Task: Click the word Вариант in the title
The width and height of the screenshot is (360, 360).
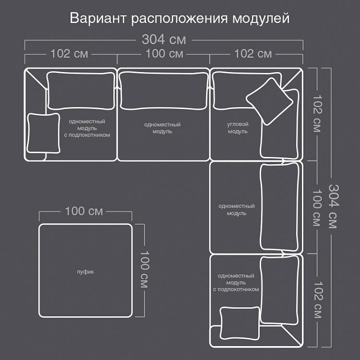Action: pyautogui.click(x=98, y=18)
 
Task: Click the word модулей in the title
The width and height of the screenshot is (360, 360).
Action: pyautogui.click(x=261, y=19)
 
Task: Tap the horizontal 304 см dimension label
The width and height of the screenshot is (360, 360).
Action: pyautogui.click(x=164, y=39)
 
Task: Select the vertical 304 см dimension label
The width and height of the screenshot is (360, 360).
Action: pyautogui.click(x=334, y=206)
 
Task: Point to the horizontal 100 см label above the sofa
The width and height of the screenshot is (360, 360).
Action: pyautogui.click(x=164, y=54)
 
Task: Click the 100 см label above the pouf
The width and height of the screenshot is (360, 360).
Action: pyautogui.click(x=84, y=211)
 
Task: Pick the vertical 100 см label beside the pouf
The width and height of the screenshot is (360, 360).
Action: pyautogui.click(x=145, y=269)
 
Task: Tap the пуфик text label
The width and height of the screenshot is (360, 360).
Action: pyautogui.click(x=85, y=272)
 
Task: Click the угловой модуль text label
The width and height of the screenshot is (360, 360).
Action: pyautogui.click(x=238, y=128)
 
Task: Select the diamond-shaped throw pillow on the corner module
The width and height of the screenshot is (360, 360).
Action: pyautogui.click(x=270, y=101)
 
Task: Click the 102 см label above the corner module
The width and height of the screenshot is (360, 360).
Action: pyautogui.click(x=253, y=54)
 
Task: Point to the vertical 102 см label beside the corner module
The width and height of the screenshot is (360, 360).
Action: pyautogui.click(x=317, y=114)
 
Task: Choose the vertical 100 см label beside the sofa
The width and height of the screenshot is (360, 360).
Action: pyautogui.click(x=317, y=207)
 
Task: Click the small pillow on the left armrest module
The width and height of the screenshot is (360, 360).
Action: pyautogui.click(x=43, y=133)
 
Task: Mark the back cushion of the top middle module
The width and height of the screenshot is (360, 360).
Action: pyautogui.click(x=164, y=91)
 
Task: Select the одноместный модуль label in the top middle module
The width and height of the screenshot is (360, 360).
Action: pyautogui.click(x=162, y=128)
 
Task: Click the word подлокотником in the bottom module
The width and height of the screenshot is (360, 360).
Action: pyautogui.click(x=238, y=289)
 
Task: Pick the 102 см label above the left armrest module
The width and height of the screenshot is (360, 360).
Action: pyautogui.click(x=69, y=54)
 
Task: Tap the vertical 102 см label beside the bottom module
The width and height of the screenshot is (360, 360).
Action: pyautogui.click(x=318, y=300)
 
